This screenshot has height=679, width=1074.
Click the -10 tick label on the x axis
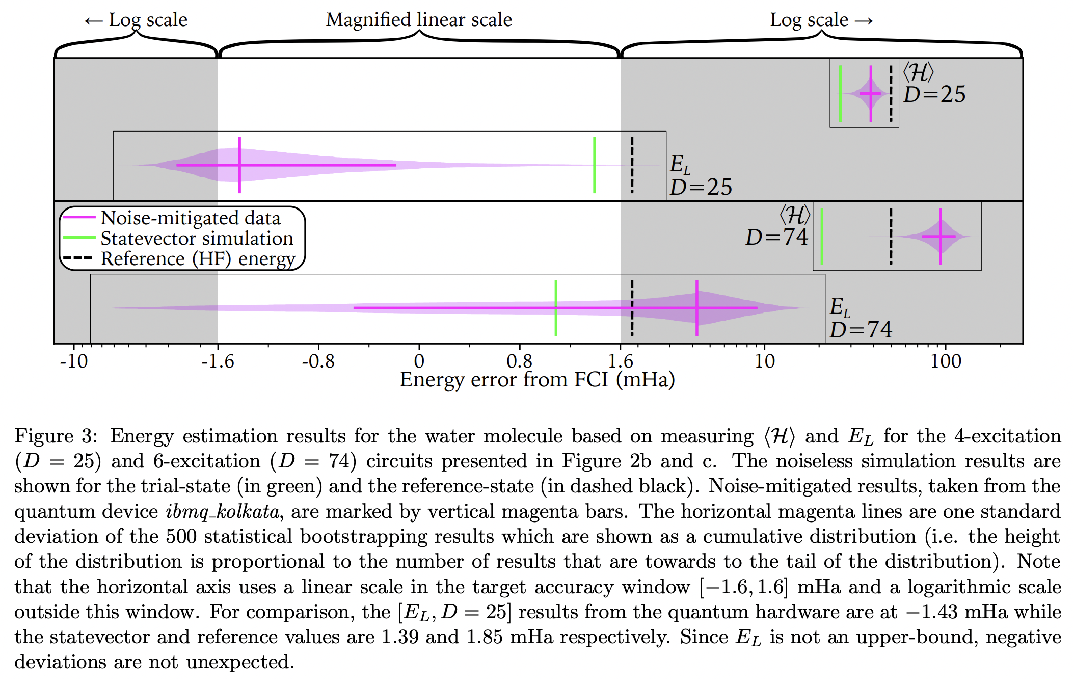click(74, 361)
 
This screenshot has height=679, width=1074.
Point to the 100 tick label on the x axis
click(946, 361)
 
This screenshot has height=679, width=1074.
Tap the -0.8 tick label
click(318, 361)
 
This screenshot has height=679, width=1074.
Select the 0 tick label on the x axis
click(419, 361)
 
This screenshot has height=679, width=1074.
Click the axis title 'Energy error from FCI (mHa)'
click(537, 380)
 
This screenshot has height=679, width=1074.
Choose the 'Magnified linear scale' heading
click(419, 20)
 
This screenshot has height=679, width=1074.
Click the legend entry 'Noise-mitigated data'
click(191, 218)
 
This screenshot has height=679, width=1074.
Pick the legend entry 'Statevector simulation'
click(197, 238)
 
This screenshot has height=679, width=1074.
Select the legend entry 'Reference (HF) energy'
click(198, 258)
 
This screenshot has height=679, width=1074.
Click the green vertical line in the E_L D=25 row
click(595, 165)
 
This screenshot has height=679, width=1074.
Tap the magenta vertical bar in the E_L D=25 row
click(239, 165)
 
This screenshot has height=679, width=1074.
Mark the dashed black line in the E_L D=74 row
click(632, 307)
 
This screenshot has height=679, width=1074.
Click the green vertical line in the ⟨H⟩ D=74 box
click(822, 236)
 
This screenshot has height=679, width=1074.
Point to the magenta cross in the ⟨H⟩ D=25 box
click(871, 94)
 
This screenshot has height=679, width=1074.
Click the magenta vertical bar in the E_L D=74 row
click(696, 307)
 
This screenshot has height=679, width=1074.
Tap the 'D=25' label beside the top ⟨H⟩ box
click(934, 94)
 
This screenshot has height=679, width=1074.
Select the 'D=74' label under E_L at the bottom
click(861, 330)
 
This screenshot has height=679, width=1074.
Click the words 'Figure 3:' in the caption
click(55, 436)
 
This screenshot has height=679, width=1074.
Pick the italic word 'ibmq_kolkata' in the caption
click(223, 512)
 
